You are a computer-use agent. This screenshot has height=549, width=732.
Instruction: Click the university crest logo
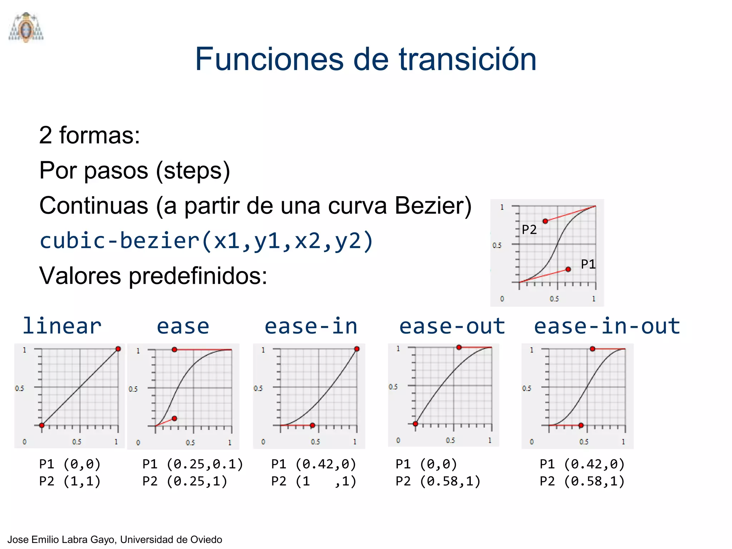(26, 27)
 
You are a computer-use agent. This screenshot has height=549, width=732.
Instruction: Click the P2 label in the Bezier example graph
(529, 229)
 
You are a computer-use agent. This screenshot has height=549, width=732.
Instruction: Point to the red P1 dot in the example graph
(568, 269)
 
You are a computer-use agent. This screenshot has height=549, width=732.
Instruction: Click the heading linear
(62, 326)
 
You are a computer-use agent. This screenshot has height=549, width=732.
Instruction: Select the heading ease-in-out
(607, 326)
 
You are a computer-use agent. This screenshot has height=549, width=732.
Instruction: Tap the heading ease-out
(452, 326)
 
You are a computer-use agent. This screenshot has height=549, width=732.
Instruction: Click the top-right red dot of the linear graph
(118, 349)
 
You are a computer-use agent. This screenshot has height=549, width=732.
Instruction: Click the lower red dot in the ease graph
(174, 418)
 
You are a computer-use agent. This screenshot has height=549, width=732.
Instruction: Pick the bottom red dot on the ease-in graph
(312, 425)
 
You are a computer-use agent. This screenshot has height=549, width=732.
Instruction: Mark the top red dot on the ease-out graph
(459, 347)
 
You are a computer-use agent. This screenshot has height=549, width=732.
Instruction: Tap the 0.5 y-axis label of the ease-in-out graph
(526, 388)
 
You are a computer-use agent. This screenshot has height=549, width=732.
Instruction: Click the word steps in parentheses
(193, 171)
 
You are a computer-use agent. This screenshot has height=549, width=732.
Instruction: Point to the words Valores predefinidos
(153, 276)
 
